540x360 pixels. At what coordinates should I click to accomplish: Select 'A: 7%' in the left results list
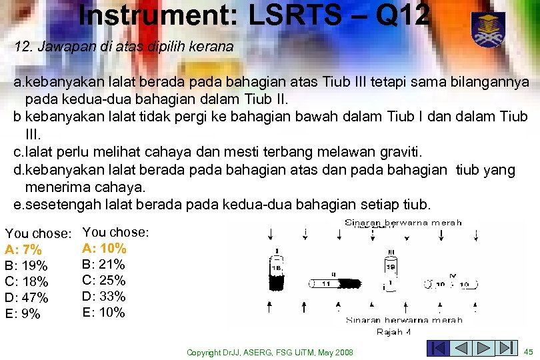23,250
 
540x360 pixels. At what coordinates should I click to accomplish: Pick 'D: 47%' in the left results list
27,298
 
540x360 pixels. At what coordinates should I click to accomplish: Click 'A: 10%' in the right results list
104,249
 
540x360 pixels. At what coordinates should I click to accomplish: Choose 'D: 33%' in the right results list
104,296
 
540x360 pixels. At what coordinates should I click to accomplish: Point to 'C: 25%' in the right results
104,280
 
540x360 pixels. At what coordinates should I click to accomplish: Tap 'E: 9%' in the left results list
23,314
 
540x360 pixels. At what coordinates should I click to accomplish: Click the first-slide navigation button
437,349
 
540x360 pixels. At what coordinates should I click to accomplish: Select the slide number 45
529,351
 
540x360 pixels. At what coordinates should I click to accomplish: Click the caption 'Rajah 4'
393,331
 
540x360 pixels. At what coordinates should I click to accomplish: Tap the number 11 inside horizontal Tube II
326,283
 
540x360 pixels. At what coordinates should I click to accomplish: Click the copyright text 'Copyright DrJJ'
220,352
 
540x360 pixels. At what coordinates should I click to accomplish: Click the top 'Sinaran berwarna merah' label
403,223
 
